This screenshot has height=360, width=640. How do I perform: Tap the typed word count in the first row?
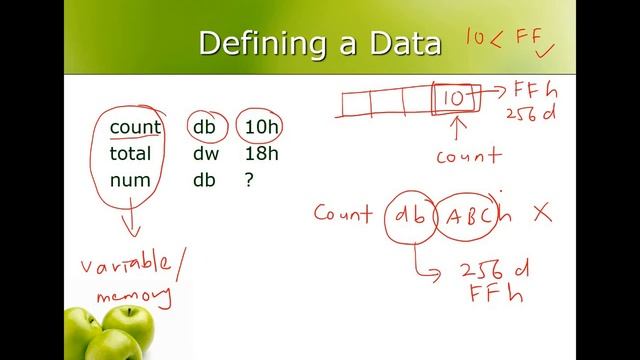(135, 127)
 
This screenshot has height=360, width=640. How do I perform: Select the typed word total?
(131, 153)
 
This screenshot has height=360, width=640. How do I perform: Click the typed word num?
(130, 180)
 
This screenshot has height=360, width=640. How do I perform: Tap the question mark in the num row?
(249, 180)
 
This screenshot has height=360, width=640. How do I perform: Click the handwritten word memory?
(133, 295)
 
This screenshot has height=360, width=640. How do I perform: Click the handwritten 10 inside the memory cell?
(453, 98)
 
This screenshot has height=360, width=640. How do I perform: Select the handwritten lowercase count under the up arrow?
(468, 155)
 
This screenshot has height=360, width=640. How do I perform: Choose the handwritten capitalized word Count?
(343, 212)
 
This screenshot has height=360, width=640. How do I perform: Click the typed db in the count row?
(205, 127)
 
